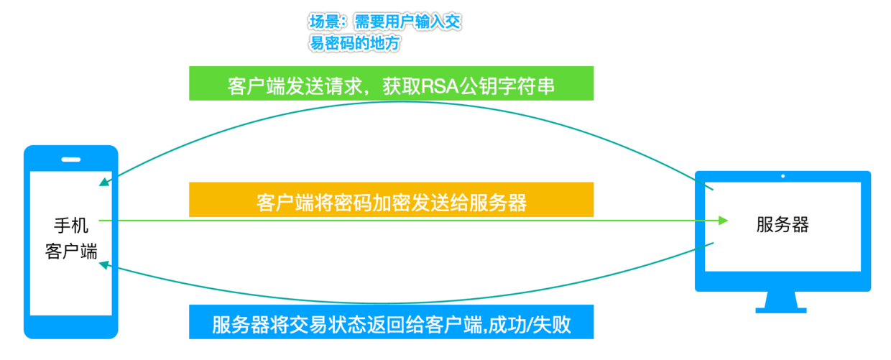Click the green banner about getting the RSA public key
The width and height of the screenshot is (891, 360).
[x=391, y=83]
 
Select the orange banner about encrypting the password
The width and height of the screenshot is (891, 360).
[x=391, y=200]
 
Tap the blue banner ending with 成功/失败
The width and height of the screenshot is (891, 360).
[x=391, y=323]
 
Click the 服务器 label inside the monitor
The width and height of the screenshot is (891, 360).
[x=782, y=225]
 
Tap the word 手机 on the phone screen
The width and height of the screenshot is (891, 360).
[x=70, y=226]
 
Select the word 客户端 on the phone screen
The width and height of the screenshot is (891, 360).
[x=70, y=251]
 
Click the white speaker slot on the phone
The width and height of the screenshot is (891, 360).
[x=70, y=160]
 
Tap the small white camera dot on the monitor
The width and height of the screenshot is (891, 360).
[x=782, y=176]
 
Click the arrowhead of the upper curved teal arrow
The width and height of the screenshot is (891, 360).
[x=105, y=182]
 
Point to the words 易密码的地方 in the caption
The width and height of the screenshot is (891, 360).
[x=354, y=44]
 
